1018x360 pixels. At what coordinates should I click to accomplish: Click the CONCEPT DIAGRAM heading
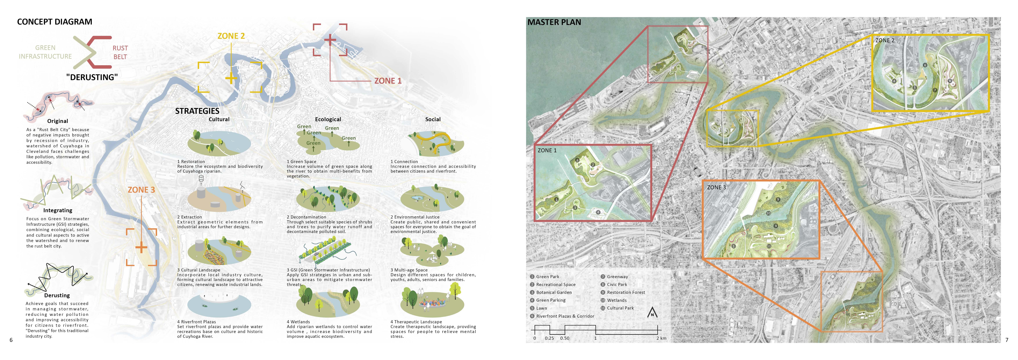55,22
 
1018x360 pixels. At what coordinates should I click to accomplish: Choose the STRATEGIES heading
197,111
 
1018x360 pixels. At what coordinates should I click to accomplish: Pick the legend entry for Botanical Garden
554,292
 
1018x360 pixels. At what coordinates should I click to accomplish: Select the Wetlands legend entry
617,300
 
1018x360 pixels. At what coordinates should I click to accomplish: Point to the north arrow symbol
653,313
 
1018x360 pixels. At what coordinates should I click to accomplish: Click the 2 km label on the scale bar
661,338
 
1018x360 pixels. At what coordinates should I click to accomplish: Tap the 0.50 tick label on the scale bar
565,338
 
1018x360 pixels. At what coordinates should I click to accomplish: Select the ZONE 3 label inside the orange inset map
716,187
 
